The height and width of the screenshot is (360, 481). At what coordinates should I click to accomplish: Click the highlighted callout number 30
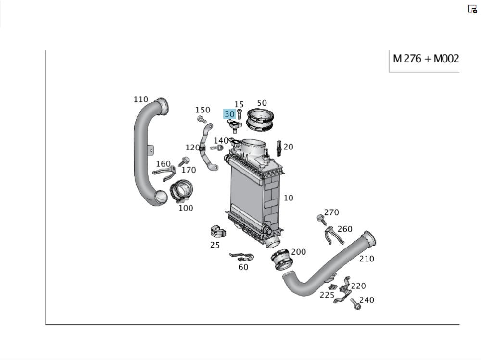coord(229,114)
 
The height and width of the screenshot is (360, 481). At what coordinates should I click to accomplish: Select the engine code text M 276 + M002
coord(426,59)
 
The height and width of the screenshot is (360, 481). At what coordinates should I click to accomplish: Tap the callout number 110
coord(141,99)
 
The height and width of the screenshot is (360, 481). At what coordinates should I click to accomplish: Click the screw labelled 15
coord(239,113)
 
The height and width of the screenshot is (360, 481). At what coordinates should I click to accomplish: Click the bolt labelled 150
coord(202,119)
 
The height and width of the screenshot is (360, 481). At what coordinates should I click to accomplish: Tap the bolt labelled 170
coord(185,161)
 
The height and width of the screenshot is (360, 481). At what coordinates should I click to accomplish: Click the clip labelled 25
coord(218,232)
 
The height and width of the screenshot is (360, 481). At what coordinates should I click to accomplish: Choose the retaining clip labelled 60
coord(241,256)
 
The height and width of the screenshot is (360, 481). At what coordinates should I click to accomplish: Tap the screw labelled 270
coord(321,220)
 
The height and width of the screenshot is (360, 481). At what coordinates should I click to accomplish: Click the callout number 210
coord(367,259)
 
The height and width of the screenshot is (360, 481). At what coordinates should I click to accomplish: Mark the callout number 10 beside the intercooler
coord(288,198)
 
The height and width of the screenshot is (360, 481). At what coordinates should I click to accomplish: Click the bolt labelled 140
coord(217,148)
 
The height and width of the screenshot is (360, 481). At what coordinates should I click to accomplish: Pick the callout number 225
coord(327,295)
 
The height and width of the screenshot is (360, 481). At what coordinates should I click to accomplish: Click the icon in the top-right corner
coord(472,9)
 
